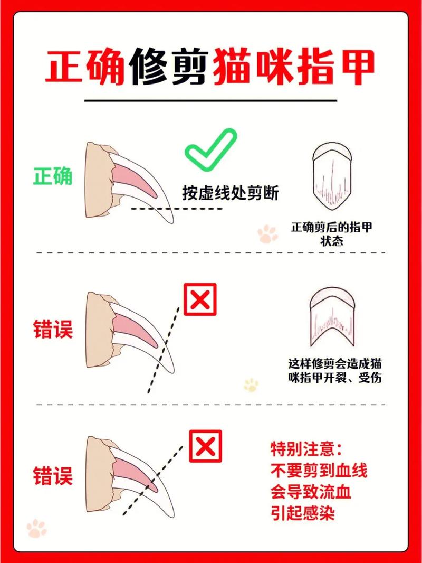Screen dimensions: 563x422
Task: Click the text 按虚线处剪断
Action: click(230, 193)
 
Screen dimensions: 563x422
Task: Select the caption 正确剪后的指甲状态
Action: click(332, 234)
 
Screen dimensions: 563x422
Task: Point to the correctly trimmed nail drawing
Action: click(332, 175)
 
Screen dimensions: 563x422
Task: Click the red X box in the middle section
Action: click(200, 299)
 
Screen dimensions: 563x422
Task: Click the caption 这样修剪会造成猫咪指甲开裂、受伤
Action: click(335, 371)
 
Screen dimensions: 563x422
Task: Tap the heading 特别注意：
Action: click(306, 449)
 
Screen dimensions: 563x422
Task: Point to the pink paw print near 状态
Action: click(268, 233)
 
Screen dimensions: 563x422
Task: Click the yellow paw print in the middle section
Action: click(251, 385)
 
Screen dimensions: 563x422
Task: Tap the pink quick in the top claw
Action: click(134, 177)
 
